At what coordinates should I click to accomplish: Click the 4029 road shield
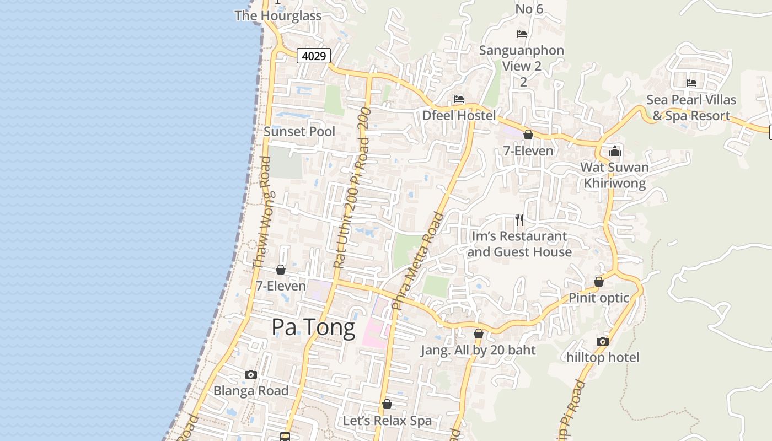pos(314,56)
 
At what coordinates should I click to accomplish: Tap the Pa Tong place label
pos(313,328)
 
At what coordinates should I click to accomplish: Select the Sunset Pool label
pos(299,131)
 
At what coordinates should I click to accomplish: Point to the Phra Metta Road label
pos(417,260)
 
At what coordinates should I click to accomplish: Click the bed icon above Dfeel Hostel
pos(459,99)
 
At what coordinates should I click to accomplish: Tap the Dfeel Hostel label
pos(459,116)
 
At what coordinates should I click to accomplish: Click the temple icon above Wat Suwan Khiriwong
pos(615,151)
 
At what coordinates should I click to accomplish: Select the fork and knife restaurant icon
pos(519,220)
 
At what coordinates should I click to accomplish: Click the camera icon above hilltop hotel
pos(603,341)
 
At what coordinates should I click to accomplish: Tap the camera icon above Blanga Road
pos(251,375)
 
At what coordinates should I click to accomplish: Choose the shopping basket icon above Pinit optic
pos(599,282)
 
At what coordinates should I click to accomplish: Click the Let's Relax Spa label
pos(387,421)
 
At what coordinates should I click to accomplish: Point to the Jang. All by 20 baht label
pos(478,350)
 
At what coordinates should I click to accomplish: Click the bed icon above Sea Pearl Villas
pos(691,83)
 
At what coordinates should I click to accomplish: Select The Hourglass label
pos(278,15)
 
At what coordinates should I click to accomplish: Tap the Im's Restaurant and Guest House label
pos(519,244)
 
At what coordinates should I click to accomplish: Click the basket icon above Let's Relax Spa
pos(387,405)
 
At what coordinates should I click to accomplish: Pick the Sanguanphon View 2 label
pos(522,58)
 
